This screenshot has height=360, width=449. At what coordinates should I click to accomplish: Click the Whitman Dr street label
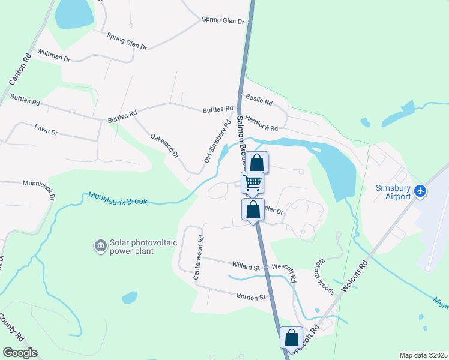coord(54,56)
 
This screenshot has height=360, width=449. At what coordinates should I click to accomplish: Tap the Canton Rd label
coord(19,70)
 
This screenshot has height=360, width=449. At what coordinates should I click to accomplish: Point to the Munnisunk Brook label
coord(118,198)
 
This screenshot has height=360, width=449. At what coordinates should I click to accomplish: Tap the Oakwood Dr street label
coord(165,146)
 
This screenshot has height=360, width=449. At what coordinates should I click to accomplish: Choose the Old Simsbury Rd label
coord(217,141)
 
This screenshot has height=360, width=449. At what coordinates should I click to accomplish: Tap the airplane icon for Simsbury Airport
coord(421,191)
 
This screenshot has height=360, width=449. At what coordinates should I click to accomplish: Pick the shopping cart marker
coord(253,182)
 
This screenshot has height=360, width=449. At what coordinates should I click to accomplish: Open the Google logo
coord(20,353)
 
